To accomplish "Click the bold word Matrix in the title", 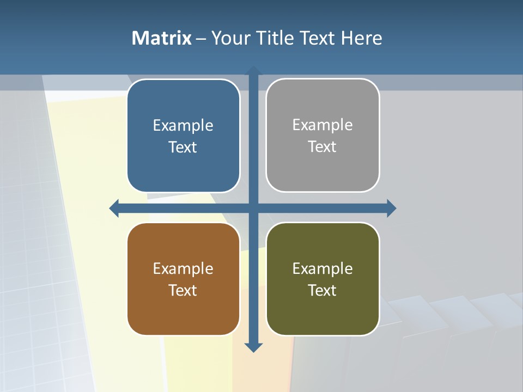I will tap(161, 38).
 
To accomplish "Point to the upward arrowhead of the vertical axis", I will tap(253, 71).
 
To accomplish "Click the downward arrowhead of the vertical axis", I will tap(253, 347).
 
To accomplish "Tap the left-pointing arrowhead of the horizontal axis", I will tap(114, 209).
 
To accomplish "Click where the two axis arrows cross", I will tap(253, 209).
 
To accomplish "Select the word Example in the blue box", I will tap(183, 126).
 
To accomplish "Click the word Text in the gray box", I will tap(323, 147).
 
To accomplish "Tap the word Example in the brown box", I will tap(183, 269).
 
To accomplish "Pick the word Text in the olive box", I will tap(323, 291).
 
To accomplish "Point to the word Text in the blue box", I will tap(183, 148).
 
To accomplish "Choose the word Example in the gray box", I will tap(323, 125).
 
